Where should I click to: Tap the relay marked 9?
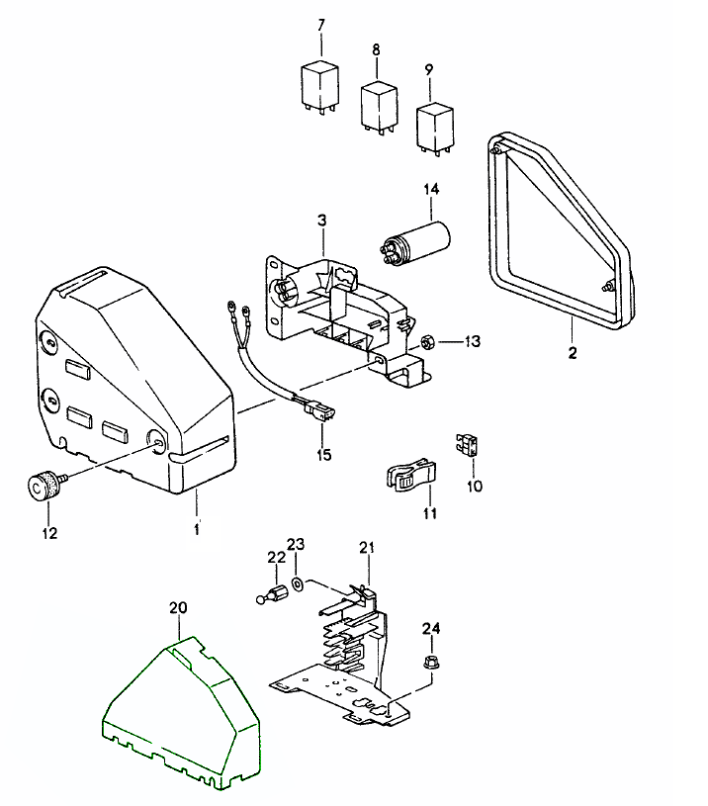[x=434, y=125]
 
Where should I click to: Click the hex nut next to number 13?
[x=429, y=342]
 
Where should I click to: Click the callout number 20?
[x=178, y=609]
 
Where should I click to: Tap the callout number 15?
[x=322, y=455]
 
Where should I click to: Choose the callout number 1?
[x=196, y=530]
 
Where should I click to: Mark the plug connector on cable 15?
[x=319, y=406]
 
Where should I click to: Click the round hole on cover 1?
[x=157, y=440]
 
